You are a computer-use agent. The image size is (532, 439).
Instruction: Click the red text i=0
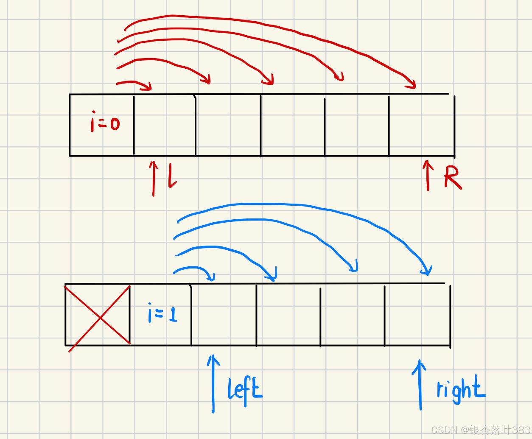(105, 123)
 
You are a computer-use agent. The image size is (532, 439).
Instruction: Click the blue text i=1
(162, 313)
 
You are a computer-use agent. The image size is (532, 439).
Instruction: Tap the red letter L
(172, 176)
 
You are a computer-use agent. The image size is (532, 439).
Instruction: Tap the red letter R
(452, 177)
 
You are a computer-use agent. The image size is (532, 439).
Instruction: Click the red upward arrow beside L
(154, 178)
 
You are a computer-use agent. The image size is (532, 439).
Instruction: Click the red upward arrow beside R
(428, 175)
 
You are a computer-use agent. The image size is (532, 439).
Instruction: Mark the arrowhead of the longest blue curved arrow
(427, 271)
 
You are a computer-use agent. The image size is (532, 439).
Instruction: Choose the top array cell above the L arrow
(165, 125)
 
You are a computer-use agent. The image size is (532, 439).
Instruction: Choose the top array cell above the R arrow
(421, 125)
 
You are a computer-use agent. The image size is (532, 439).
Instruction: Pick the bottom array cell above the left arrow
(224, 315)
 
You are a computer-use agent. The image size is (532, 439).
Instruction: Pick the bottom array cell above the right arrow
(417, 315)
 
